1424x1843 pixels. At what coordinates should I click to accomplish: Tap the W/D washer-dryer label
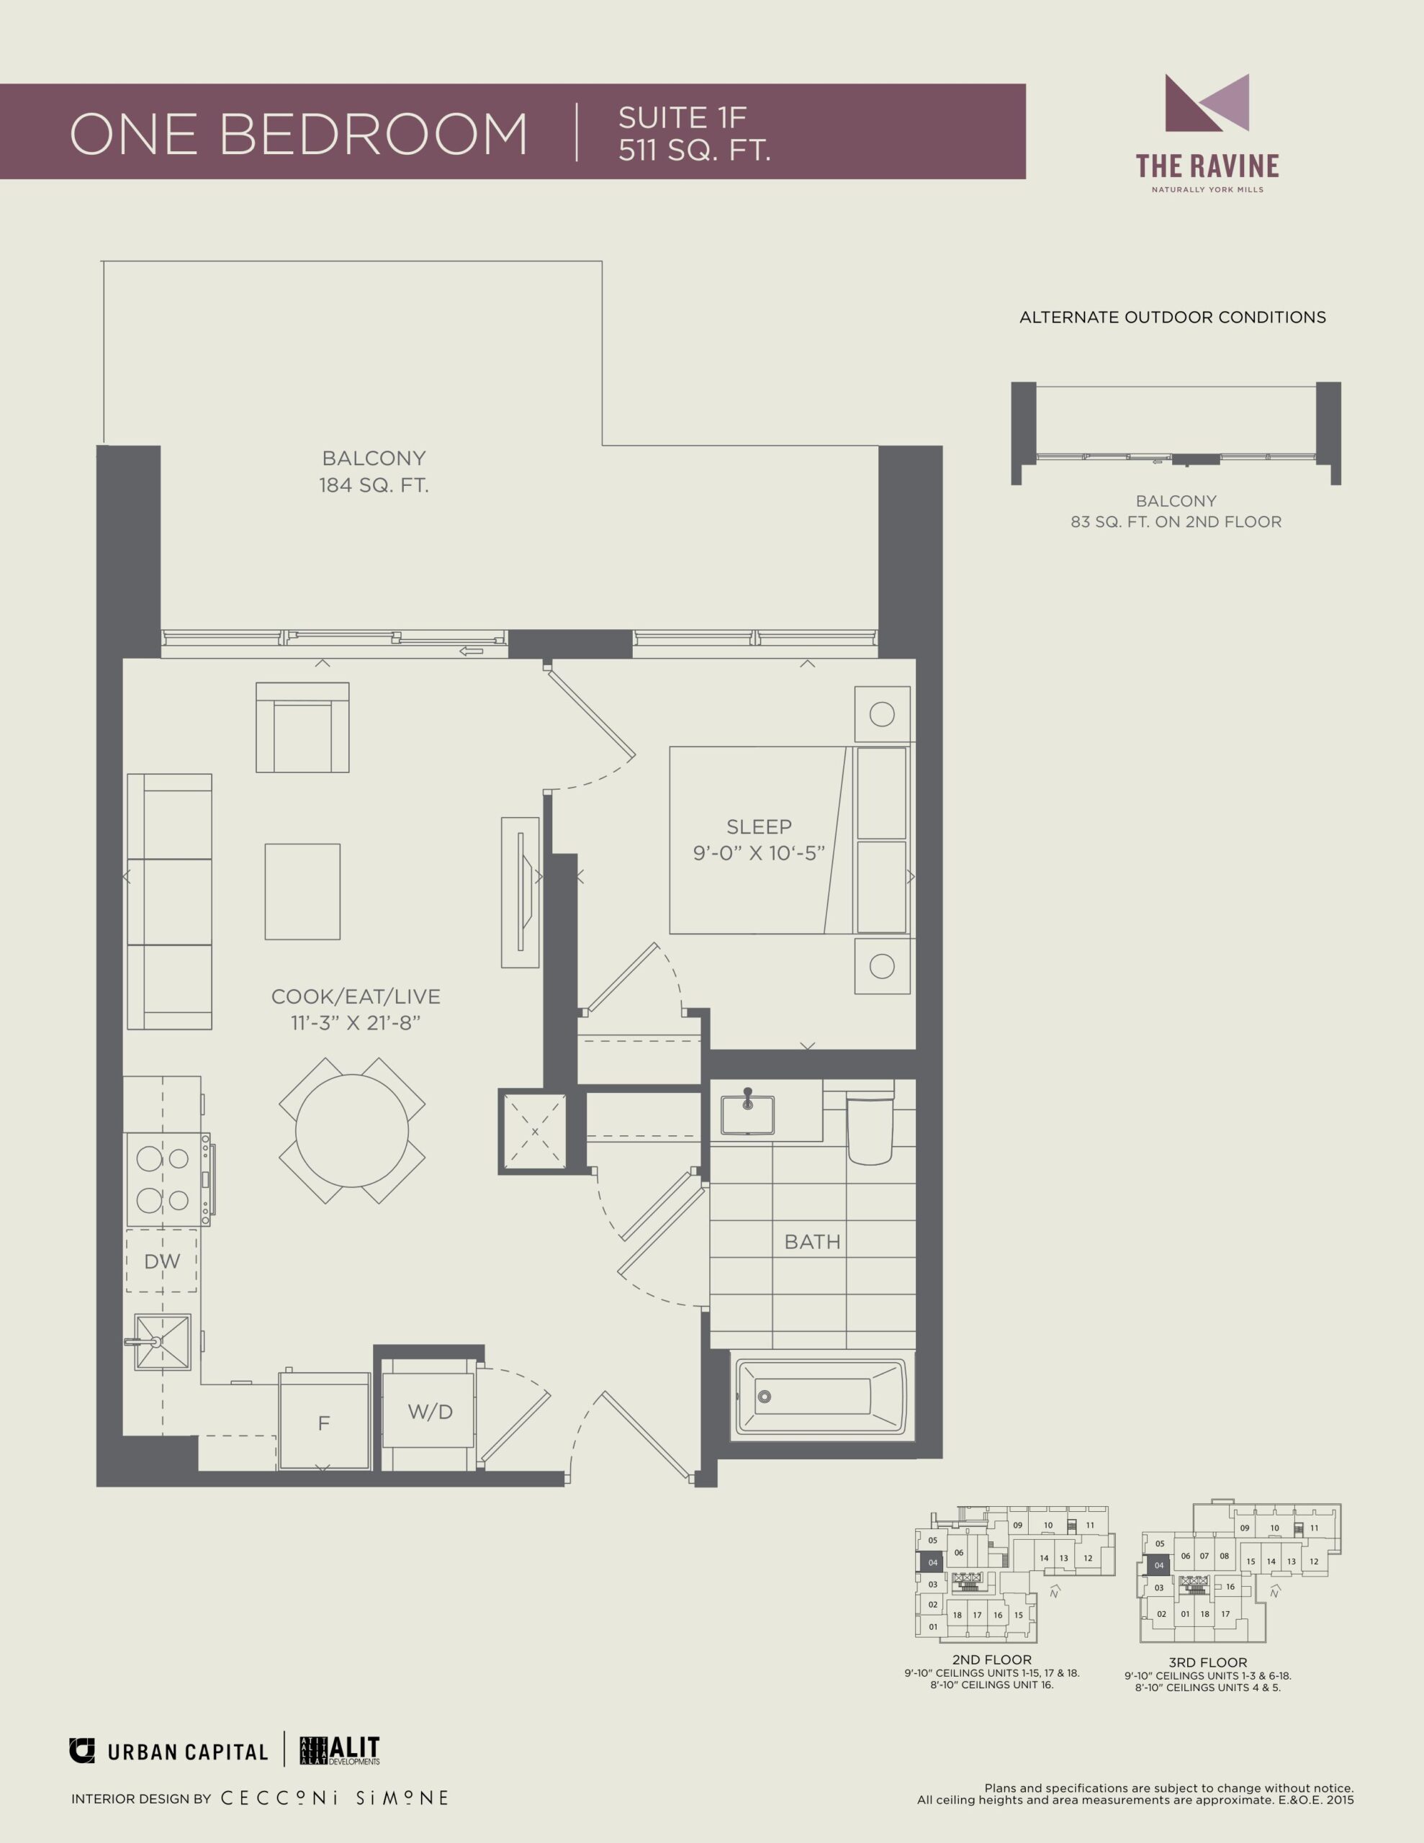point(431,1412)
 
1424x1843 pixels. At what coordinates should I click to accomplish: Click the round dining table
point(352,1130)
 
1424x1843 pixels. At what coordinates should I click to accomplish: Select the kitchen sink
point(162,1342)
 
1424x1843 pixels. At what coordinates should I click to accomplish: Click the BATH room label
point(812,1241)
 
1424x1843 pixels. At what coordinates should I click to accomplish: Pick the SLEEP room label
point(759,826)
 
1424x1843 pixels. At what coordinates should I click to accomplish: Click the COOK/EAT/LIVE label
point(356,996)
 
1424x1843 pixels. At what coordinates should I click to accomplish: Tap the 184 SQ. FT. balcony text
point(373,485)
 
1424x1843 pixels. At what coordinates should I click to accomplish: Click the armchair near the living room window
point(302,727)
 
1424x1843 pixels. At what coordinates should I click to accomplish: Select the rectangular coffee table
point(302,891)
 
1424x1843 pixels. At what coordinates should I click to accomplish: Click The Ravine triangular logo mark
point(1207,103)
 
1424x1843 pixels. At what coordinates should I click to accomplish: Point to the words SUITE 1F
point(682,117)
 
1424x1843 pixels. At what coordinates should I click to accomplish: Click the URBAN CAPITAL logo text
point(187,1752)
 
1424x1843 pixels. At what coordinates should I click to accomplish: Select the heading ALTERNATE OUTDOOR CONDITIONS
point(1173,317)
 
